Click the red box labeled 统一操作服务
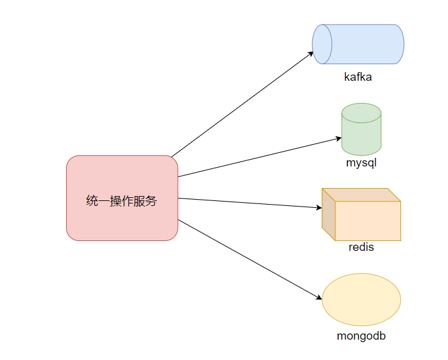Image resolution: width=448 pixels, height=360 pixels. [122, 198]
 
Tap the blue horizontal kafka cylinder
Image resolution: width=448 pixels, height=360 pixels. [358, 44]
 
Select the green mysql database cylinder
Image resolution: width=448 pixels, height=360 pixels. [361, 129]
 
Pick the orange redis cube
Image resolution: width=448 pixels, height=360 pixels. [361, 215]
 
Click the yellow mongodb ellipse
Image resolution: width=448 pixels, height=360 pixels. [361, 300]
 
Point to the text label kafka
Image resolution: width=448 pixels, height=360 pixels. [358, 77]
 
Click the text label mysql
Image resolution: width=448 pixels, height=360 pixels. [361, 163]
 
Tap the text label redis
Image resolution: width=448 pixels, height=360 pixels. [361, 247]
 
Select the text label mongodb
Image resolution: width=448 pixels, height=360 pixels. [361, 336]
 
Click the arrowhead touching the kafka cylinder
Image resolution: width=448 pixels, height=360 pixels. [311, 54]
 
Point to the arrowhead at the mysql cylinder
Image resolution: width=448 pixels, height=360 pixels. [338, 139]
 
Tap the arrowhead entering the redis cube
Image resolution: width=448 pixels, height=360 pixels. [319, 208]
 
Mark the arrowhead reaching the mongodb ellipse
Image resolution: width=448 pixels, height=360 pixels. [319, 298]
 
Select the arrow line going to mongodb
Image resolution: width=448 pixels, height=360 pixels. [250, 260]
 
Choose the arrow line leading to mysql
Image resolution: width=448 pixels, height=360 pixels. [260, 157]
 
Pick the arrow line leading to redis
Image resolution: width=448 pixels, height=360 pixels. [250, 203]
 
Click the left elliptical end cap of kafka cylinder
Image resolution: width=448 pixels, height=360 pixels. [322, 44]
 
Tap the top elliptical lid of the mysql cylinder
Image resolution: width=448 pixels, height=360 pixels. [361, 113]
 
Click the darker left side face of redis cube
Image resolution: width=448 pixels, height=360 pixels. [328, 215]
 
